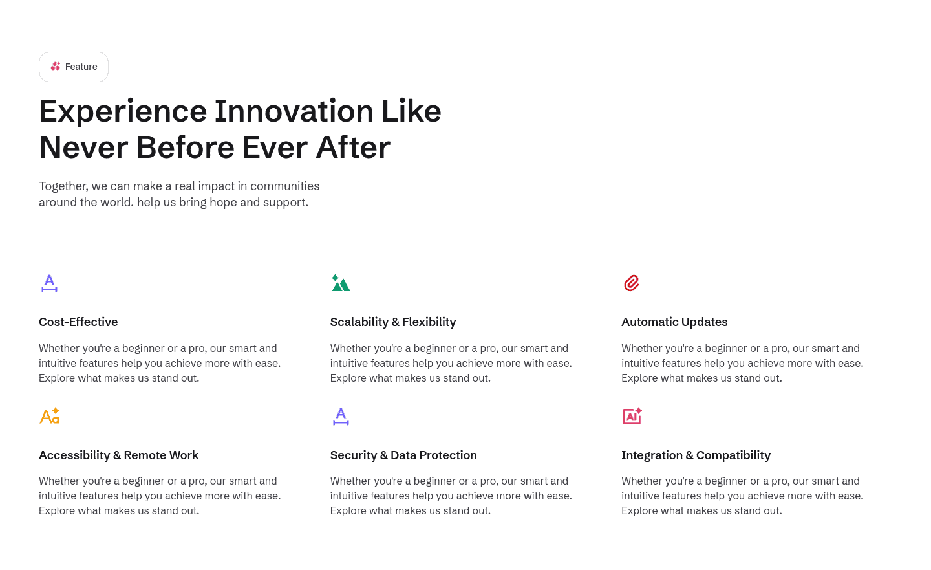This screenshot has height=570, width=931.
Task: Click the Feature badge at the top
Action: (74, 67)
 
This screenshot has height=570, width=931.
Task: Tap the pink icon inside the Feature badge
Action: (56, 67)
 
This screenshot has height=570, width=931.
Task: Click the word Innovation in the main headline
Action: (294, 111)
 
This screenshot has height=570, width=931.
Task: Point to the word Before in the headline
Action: (185, 148)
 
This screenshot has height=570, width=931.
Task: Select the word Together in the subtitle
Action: (63, 186)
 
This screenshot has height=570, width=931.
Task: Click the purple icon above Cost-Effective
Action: (49, 283)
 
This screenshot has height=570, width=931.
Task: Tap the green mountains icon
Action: (341, 283)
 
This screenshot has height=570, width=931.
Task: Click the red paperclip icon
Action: (632, 283)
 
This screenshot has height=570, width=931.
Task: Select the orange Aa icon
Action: (50, 416)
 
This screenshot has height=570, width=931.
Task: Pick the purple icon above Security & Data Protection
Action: (341, 417)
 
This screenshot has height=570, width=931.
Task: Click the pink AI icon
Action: (632, 416)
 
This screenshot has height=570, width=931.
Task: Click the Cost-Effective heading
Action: (78, 322)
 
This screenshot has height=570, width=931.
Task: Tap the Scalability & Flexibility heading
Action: (393, 322)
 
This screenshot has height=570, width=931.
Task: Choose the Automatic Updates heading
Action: (674, 322)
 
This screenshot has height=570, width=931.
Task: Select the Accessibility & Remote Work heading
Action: (118, 455)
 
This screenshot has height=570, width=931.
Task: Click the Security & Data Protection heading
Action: (403, 455)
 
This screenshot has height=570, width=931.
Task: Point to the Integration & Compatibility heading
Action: (696, 455)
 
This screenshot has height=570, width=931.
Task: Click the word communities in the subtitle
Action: (284, 186)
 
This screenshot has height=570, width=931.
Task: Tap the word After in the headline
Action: (353, 148)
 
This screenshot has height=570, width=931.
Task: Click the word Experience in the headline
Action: (123, 111)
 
